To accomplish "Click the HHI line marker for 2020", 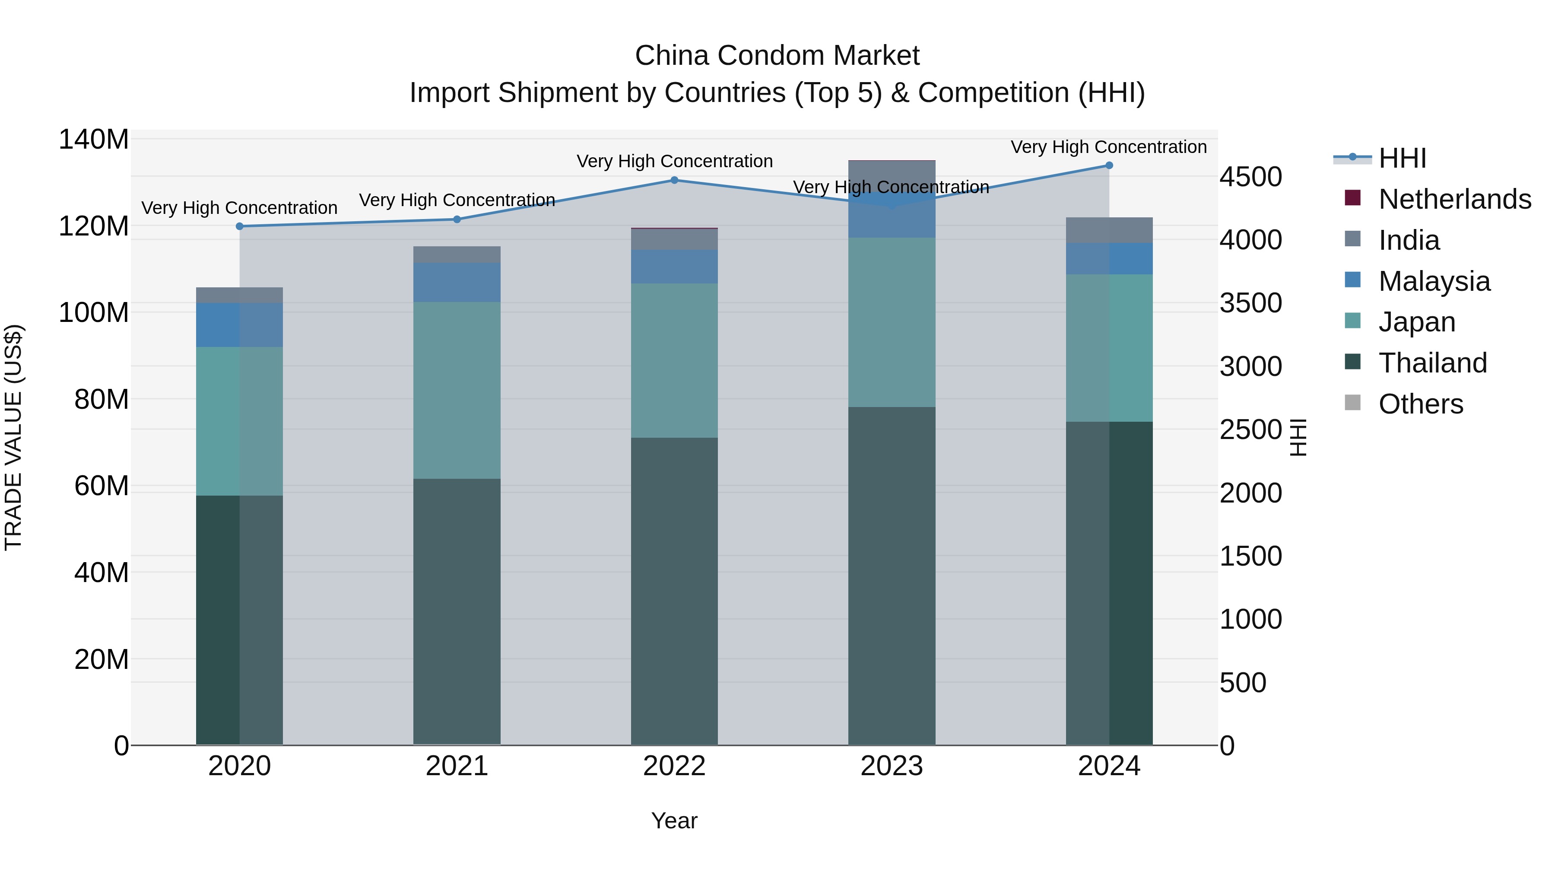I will click(240, 226).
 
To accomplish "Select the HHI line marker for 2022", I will click(674, 180).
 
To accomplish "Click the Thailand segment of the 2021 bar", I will click(457, 611).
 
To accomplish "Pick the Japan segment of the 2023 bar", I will click(892, 322).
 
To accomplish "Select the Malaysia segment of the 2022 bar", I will click(674, 266).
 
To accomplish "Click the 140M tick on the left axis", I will click(94, 140).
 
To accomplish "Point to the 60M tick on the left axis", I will click(102, 486).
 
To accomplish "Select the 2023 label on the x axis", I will click(892, 766).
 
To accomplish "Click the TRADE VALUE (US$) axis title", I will click(14, 437).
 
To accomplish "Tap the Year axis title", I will click(674, 821).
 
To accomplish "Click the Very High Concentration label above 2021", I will click(457, 200).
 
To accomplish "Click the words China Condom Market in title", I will click(777, 56).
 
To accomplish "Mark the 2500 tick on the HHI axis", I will click(1251, 430).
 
